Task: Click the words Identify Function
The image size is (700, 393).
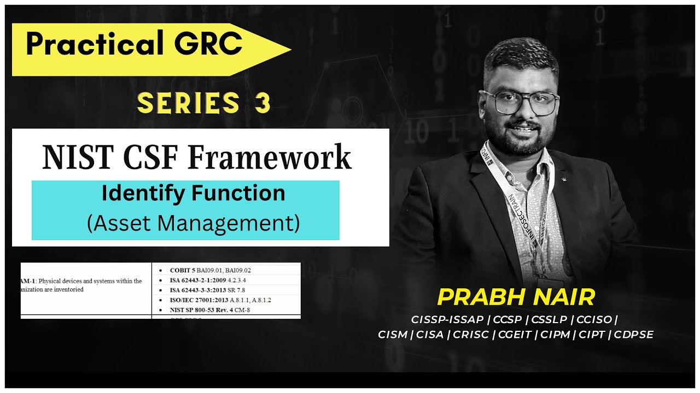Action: (193, 194)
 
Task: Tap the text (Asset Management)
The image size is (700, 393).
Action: (193, 224)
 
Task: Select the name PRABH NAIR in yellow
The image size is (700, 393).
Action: (516, 297)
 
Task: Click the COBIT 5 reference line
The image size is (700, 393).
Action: (210, 270)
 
